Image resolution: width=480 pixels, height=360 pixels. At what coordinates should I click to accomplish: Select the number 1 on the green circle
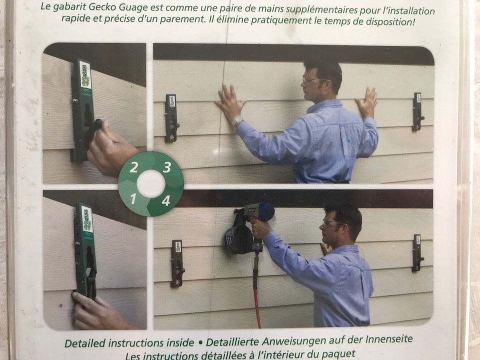tap(133, 199)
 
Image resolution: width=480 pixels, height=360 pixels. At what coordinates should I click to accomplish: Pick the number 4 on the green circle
tap(166, 201)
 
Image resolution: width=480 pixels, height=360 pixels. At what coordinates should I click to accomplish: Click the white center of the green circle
tap(150, 184)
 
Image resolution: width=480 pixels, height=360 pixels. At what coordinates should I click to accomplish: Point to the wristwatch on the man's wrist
tap(237, 121)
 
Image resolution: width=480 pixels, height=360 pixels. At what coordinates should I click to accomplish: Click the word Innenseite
tap(386, 339)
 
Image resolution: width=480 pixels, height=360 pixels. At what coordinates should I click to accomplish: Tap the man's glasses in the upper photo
tap(310, 80)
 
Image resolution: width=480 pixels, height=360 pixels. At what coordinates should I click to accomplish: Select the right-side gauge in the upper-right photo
tap(417, 111)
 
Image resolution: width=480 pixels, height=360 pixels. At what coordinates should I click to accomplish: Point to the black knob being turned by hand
tap(96, 125)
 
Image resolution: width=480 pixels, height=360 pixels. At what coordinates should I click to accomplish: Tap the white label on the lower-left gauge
tap(87, 219)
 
